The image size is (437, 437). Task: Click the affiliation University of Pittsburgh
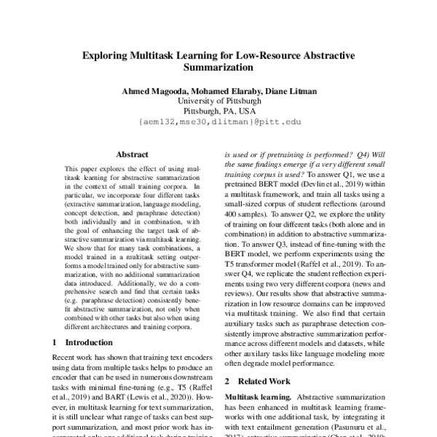click(x=219, y=100)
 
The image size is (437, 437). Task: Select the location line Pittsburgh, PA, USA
click(x=219, y=111)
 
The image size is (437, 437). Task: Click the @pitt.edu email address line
click(x=219, y=122)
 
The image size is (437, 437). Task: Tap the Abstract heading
click(x=132, y=154)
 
